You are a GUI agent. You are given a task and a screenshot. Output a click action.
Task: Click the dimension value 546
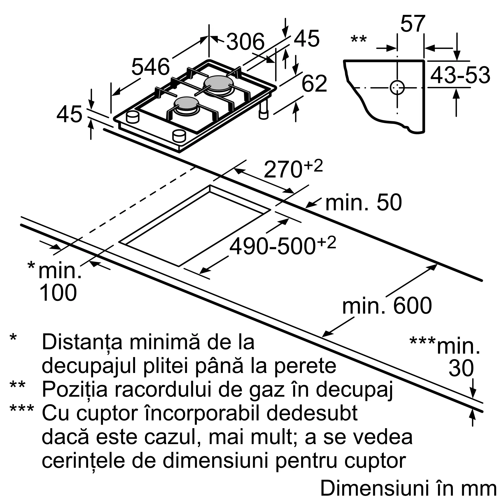(x=150, y=67)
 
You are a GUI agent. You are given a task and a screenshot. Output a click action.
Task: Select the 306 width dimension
(x=245, y=42)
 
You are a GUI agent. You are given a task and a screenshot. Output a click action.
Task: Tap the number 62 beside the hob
(x=314, y=83)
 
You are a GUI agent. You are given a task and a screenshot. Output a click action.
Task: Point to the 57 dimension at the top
(x=413, y=24)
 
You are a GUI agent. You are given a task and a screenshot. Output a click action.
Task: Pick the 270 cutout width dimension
(x=283, y=169)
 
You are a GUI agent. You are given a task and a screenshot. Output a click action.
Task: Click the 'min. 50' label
(x=364, y=203)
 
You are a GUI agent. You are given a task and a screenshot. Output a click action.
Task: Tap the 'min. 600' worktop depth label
(x=387, y=306)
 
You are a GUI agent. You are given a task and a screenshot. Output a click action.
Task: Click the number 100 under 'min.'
(x=58, y=293)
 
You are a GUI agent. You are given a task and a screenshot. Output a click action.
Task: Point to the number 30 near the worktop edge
(x=461, y=368)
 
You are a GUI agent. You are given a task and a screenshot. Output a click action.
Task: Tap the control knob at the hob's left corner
(x=132, y=117)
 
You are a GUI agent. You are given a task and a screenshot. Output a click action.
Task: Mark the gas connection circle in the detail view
(x=397, y=88)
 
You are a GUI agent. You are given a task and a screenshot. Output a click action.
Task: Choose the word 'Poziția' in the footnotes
(x=75, y=390)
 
